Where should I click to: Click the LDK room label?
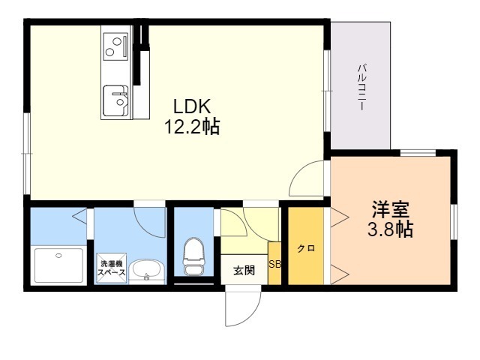[192, 106]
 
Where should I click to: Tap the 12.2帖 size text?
[192, 126]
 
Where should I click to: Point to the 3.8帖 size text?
[391, 229]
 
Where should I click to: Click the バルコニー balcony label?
[362, 87]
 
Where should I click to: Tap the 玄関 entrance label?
[244, 270]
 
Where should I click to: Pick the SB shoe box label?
[274, 264]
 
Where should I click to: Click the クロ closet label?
[306, 248]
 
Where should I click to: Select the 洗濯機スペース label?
[112, 268]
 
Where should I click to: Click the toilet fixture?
[193, 256]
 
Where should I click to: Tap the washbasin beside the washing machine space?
[147, 271]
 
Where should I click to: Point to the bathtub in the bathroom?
[59, 265]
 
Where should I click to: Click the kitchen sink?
[115, 100]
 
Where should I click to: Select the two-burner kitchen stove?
[115, 46]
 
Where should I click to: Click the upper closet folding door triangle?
[340, 217]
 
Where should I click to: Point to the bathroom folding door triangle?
[80, 215]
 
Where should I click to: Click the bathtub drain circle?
[58, 255]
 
